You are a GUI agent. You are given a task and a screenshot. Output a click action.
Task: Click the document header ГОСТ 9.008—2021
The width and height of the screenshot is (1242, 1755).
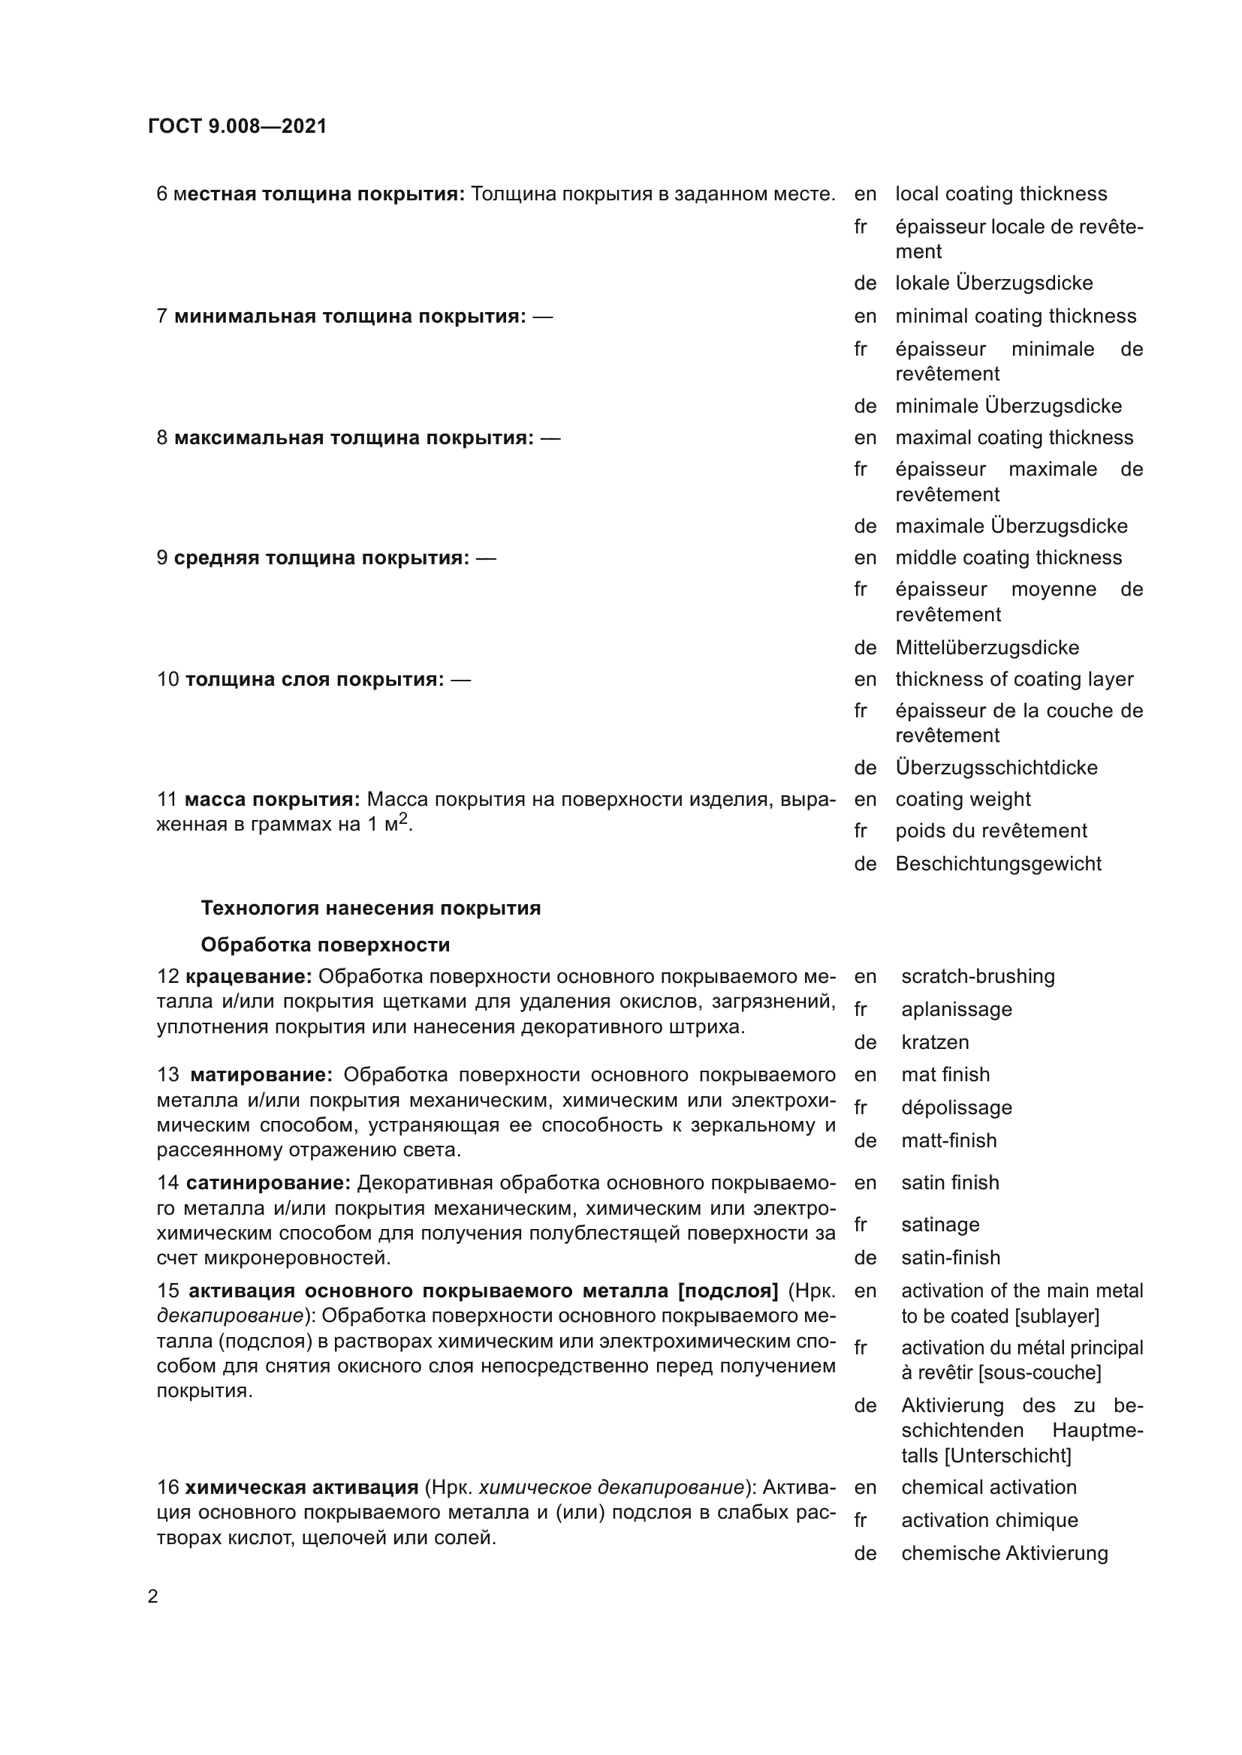pos(237,126)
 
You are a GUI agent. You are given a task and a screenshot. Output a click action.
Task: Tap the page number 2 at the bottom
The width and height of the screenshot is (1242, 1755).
pos(153,1597)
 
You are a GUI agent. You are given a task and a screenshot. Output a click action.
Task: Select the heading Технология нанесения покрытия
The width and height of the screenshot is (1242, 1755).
pos(370,908)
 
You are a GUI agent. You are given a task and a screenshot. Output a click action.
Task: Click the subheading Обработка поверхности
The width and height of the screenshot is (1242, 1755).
pos(325,945)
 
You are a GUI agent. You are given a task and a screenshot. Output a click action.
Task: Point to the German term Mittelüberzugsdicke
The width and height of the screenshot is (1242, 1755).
pos(987,648)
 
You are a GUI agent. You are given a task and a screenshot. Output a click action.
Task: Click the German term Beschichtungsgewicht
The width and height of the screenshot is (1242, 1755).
pos(998,864)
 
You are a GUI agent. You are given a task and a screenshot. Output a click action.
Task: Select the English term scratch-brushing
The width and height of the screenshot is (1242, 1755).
pos(978,976)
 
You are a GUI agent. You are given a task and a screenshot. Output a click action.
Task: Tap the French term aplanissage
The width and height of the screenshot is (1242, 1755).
pos(956,1009)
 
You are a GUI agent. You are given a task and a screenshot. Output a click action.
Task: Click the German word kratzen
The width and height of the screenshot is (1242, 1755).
pos(935,1042)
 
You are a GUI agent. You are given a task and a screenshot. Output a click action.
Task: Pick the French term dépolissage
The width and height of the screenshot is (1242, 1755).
pos(956,1107)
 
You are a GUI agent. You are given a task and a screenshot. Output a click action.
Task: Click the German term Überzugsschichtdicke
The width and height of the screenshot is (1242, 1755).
pos(996,768)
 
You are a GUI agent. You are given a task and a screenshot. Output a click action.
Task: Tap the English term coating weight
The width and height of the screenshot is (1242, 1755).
pos(962,799)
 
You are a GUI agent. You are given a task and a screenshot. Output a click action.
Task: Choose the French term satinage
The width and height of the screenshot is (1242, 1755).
pos(940,1225)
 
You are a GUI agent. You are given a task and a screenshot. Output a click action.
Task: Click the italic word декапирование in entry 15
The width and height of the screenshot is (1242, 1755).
pos(230,1315)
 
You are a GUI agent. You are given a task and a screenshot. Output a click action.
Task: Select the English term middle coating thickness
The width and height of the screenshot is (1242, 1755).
pos(1008,557)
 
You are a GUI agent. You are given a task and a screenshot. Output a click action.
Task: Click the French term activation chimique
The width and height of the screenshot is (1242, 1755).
pos(989,1520)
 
